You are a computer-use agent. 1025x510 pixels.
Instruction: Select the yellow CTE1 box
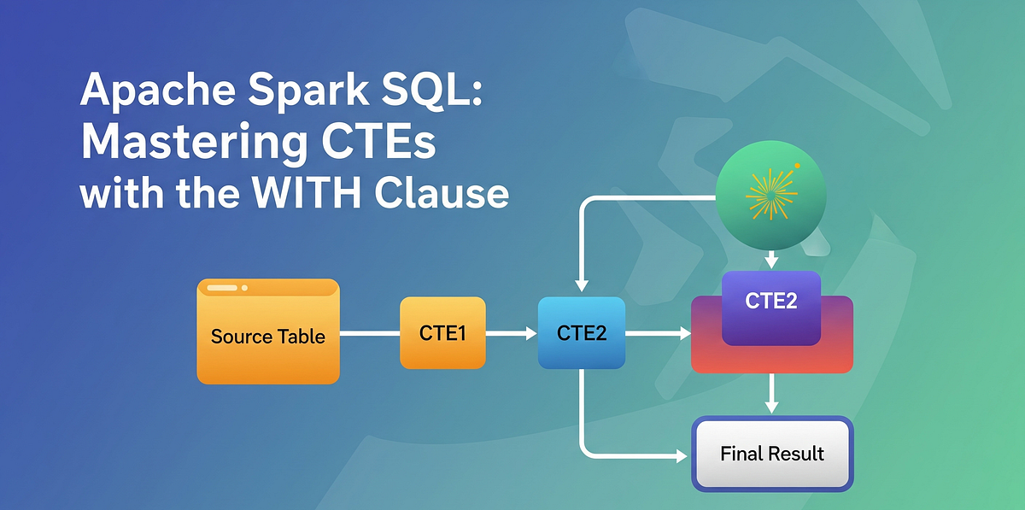(x=442, y=333)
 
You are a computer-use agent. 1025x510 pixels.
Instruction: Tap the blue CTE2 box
(x=581, y=333)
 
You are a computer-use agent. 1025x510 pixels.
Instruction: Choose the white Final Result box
(x=772, y=453)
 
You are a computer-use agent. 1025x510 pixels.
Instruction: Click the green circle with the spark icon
(x=770, y=196)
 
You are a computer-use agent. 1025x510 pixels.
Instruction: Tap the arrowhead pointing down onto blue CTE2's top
(x=581, y=287)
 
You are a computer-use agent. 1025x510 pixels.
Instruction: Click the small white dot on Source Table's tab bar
(x=244, y=288)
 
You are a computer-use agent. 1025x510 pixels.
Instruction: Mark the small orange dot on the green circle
(x=797, y=166)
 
